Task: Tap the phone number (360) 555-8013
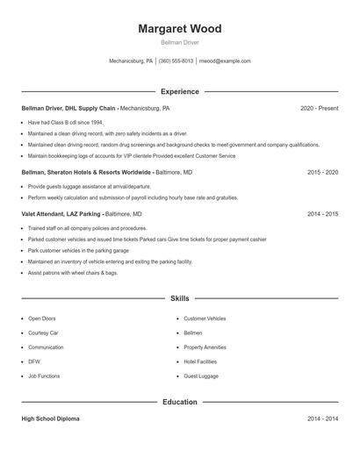pyautogui.click(x=176, y=61)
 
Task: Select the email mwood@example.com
pyautogui.click(x=226, y=61)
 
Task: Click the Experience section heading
pyautogui.click(x=179, y=91)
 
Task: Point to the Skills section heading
pyautogui.click(x=179, y=299)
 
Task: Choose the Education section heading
pyautogui.click(x=179, y=402)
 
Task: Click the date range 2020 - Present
pyautogui.click(x=319, y=108)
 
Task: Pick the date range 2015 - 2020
pyautogui.click(x=322, y=173)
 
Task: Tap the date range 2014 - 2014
pyautogui.click(x=322, y=419)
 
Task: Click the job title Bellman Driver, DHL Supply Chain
pyautogui.click(x=69, y=108)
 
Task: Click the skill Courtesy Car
pyautogui.click(x=43, y=333)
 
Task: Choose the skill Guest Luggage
pyautogui.click(x=201, y=376)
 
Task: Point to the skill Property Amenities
pyautogui.click(x=206, y=347)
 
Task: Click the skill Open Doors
pyautogui.click(x=41, y=318)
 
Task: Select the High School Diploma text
pyautogui.click(x=50, y=419)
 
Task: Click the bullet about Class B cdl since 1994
pyautogui.click(x=65, y=123)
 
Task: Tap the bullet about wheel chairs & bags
pyautogui.click(x=72, y=272)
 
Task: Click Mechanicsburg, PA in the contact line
pyautogui.click(x=131, y=61)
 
